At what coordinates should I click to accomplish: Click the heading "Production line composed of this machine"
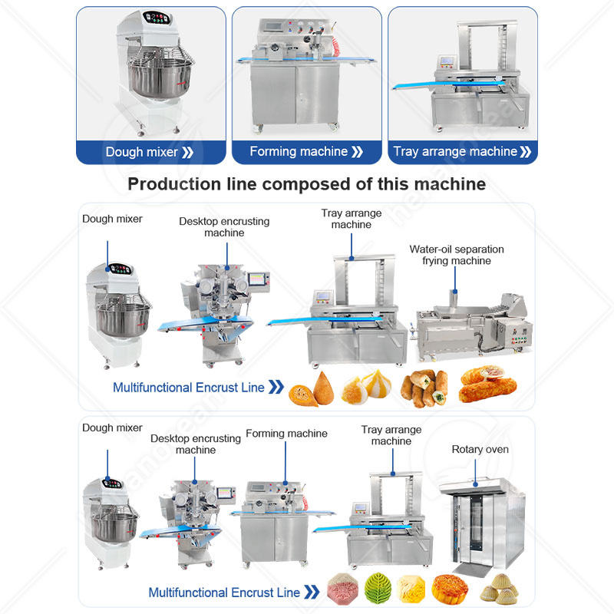point(306,184)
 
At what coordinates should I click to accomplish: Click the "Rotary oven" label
point(480,449)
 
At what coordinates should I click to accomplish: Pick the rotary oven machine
point(480,522)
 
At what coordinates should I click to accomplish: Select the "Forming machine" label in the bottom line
point(286,434)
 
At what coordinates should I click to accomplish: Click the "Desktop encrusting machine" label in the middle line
point(224,226)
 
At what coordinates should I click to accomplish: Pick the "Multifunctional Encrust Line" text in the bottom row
point(223,592)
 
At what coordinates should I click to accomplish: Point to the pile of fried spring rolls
point(427,388)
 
